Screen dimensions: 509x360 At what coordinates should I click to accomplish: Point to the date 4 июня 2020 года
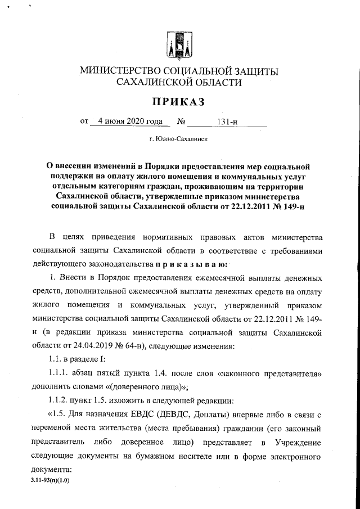pyautogui.click(x=129, y=120)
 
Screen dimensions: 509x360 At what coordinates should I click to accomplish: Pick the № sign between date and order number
pyautogui.click(x=182, y=121)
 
